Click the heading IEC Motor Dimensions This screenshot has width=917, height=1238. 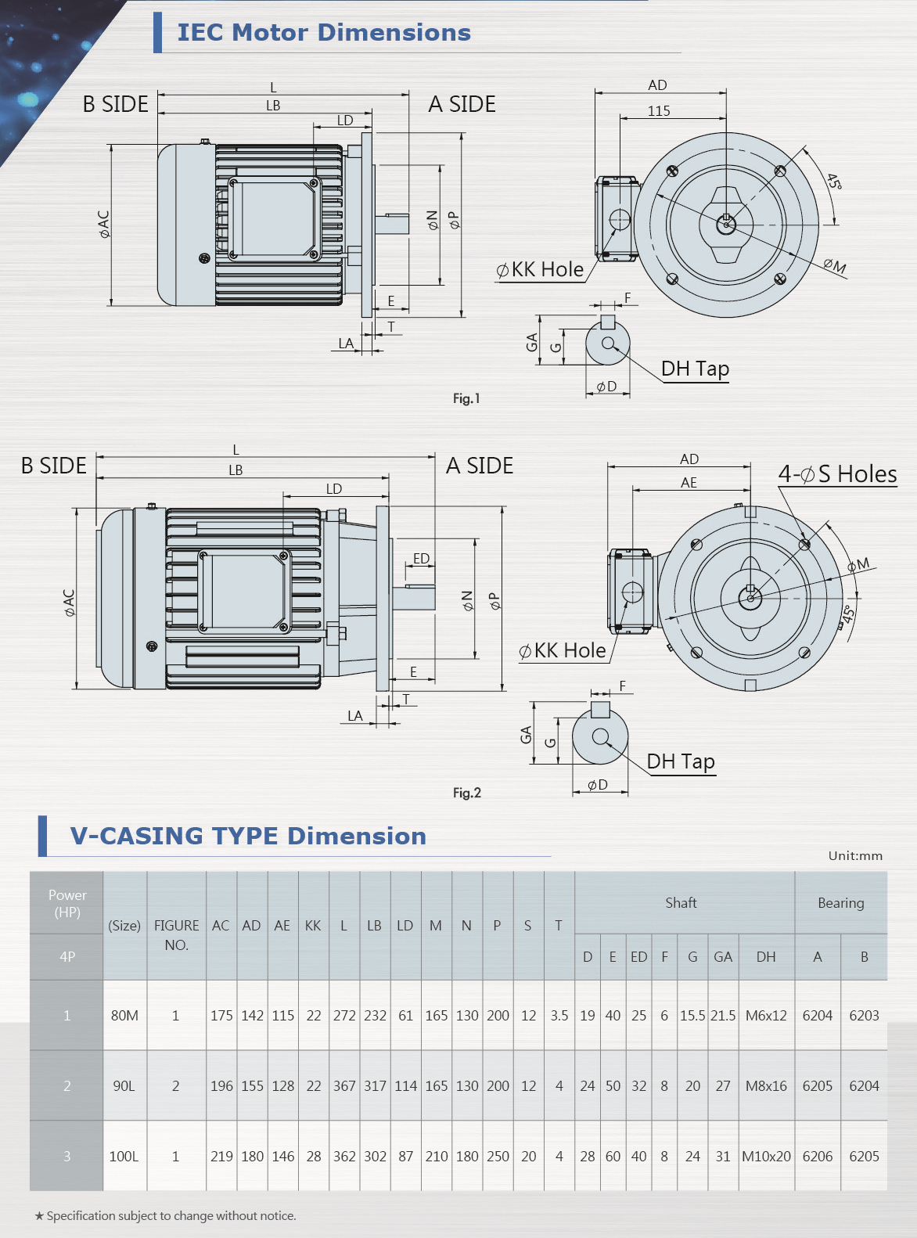coord(324,32)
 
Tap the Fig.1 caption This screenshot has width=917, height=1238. coord(466,398)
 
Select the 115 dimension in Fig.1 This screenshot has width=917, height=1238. coord(659,111)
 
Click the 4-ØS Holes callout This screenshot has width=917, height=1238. coord(837,474)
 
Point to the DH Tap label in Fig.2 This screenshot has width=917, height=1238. coord(681,761)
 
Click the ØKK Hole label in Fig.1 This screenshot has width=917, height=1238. coord(541,270)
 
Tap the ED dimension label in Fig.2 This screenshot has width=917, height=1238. coord(421,559)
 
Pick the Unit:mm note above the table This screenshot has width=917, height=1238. coord(855,855)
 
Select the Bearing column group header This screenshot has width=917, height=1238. coord(841,903)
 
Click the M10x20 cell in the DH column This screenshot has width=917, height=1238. coord(766,1157)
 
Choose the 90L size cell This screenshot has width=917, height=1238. coord(124,1086)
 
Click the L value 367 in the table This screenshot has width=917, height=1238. coord(344,1086)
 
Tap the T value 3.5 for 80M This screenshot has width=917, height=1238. coord(559,1016)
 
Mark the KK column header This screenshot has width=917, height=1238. coord(313,926)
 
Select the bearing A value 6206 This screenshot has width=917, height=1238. coord(818,1157)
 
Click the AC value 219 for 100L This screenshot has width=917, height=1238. coord(221,1157)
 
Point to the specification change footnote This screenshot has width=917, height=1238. coord(165,1216)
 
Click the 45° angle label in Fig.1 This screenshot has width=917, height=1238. coord(834,182)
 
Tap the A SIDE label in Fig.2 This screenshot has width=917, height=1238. coord(480,466)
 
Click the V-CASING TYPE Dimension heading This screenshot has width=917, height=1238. coord(248,836)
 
